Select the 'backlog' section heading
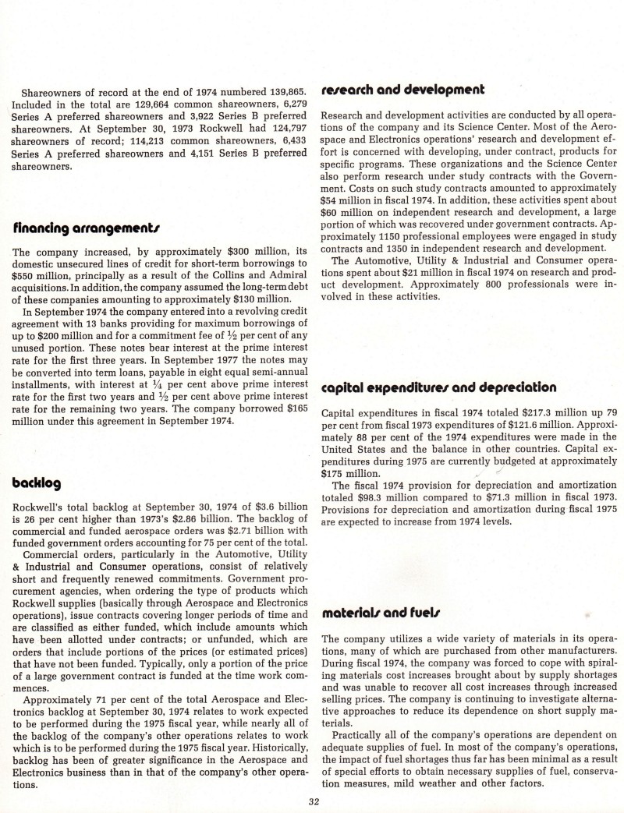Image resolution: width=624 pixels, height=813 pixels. (36, 482)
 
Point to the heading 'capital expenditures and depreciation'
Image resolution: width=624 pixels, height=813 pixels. (438, 387)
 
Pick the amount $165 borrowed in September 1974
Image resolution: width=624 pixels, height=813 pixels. (294, 408)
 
